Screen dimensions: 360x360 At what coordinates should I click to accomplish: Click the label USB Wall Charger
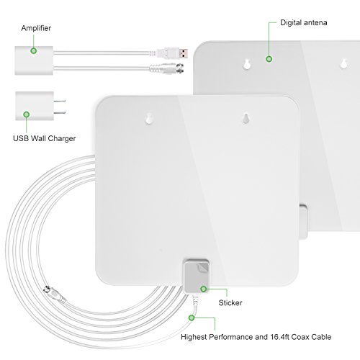[45, 138]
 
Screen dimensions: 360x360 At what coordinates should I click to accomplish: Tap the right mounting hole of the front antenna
[245, 118]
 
